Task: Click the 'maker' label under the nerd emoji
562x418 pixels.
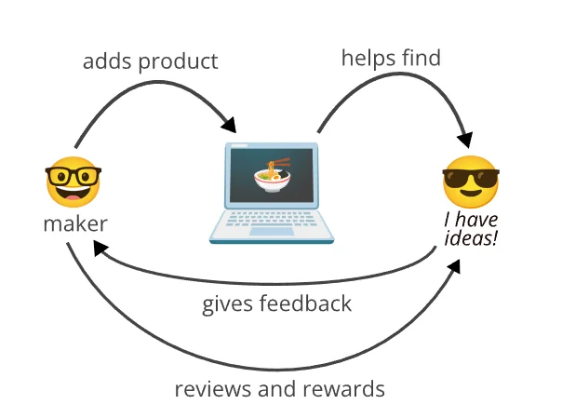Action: (x=74, y=224)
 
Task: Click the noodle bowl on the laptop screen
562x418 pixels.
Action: (x=270, y=180)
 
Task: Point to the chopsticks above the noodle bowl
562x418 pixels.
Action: (x=277, y=163)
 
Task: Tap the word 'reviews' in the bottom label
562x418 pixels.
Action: (x=210, y=387)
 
